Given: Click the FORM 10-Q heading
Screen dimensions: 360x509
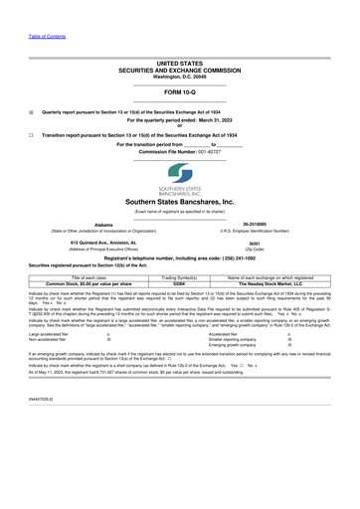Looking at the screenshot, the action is pos(180,92).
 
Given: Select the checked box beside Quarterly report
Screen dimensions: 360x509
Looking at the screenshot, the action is pos(30,112).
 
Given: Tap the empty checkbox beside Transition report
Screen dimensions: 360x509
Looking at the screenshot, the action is pos(30,134).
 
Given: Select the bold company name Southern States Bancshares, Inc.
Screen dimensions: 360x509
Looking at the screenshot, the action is pos(180,201).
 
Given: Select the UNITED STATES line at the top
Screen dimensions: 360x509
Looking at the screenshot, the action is pos(180,63).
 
